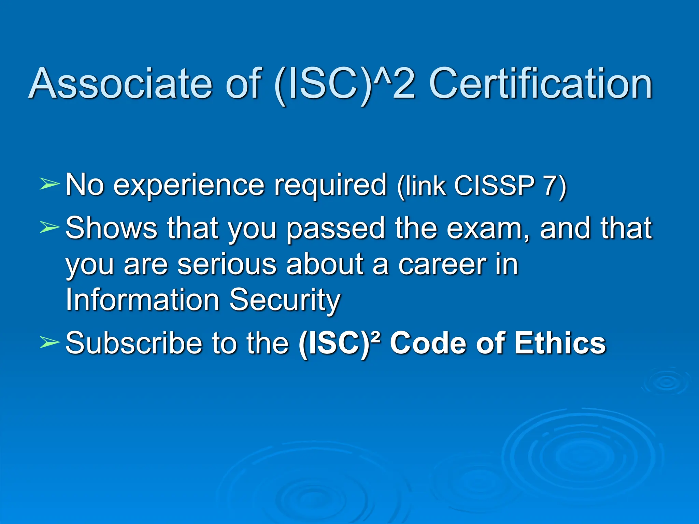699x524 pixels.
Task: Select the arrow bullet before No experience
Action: [x=50, y=184]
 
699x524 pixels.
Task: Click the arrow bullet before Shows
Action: [x=50, y=227]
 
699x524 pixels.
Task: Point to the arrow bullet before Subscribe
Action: [x=50, y=342]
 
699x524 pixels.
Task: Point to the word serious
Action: [x=227, y=264]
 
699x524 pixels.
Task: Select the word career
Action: [x=442, y=264]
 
